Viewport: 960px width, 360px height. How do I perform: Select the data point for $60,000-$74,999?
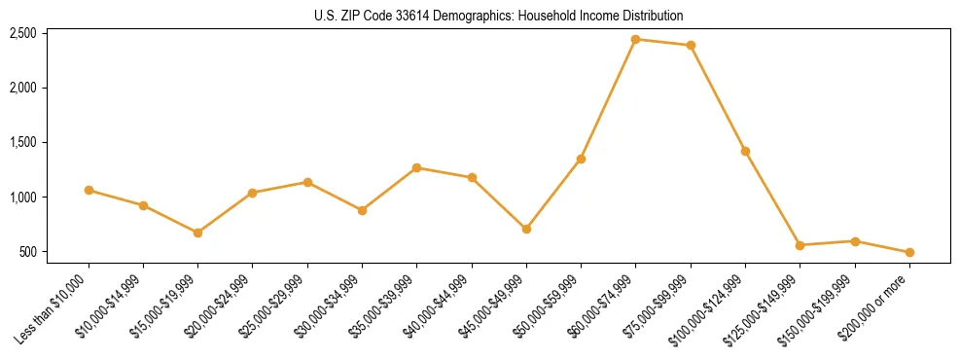(x=635, y=40)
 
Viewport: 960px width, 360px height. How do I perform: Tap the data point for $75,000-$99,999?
(x=691, y=45)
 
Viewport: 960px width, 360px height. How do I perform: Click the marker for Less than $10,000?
(x=89, y=190)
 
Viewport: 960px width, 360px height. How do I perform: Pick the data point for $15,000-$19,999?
(x=197, y=233)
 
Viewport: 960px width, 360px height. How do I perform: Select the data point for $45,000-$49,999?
(x=526, y=229)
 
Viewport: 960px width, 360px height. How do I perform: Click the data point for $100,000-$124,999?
(x=745, y=151)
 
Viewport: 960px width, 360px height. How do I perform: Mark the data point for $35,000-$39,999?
(x=416, y=167)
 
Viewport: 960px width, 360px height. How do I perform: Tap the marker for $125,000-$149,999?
(x=800, y=245)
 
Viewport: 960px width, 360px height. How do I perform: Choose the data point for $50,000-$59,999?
(x=581, y=159)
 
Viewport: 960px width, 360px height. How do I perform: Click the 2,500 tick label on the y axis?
(x=22, y=33)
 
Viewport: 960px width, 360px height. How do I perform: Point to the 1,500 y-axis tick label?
(x=22, y=143)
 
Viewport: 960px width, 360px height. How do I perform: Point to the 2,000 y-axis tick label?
(x=22, y=88)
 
